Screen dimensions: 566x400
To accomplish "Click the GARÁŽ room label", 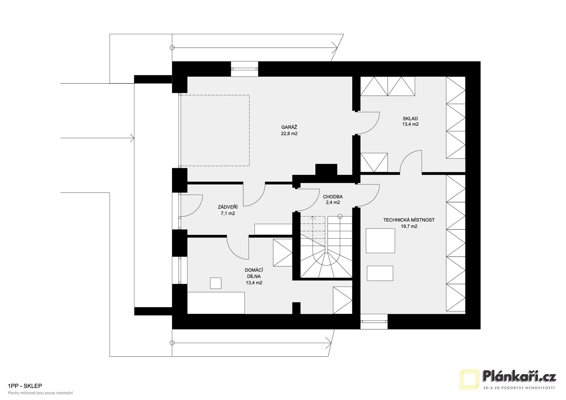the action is (x=289, y=127).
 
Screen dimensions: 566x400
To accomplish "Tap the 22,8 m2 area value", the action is (x=289, y=134).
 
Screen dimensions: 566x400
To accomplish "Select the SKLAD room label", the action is (x=410, y=119).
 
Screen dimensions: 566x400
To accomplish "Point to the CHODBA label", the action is (x=333, y=197).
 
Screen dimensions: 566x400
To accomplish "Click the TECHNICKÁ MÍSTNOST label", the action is (x=409, y=220).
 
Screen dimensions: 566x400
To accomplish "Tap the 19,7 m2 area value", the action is (x=409, y=227).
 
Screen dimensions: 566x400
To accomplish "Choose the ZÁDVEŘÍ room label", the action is (x=228, y=207).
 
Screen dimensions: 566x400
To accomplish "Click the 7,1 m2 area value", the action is (x=228, y=214).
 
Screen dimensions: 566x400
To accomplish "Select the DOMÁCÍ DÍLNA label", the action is (x=254, y=273).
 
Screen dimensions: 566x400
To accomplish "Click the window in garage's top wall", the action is (x=244, y=69).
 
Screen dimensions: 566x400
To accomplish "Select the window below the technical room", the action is (x=374, y=321).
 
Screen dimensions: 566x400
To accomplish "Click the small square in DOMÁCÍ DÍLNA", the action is (x=215, y=283).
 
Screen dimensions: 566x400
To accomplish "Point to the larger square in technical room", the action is (x=380, y=240).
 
